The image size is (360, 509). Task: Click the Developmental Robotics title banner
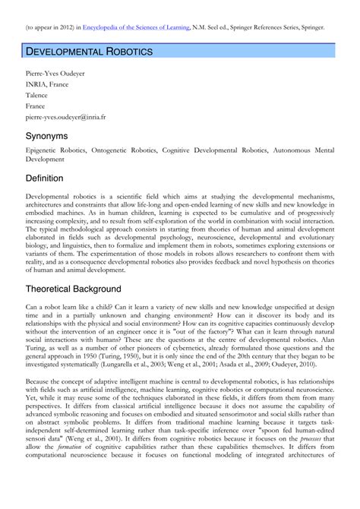pyautogui.click(x=90, y=52)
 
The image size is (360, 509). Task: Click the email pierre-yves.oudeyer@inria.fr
pyautogui.click(x=66, y=119)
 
